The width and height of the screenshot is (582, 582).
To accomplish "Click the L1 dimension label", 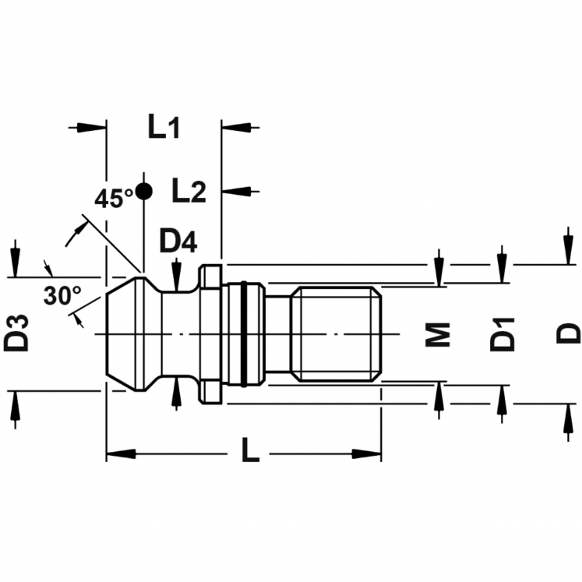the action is [x=164, y=127].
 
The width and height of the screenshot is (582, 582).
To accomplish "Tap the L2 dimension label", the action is [x=189, y=190].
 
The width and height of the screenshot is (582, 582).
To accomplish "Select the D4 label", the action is [x=178, y=242].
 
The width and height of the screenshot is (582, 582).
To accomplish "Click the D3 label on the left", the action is [x=16, y=333].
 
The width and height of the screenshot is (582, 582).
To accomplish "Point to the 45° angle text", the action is [x=114, y=199].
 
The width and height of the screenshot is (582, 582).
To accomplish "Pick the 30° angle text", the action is [x=62, y=295].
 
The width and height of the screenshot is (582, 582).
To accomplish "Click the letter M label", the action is [x=438, y=334].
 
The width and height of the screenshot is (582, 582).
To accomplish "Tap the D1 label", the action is [x=503, y=334].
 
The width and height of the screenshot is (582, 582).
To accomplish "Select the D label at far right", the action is [x=568, y=333].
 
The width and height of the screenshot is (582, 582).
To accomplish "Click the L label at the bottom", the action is [x=251, y=450].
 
